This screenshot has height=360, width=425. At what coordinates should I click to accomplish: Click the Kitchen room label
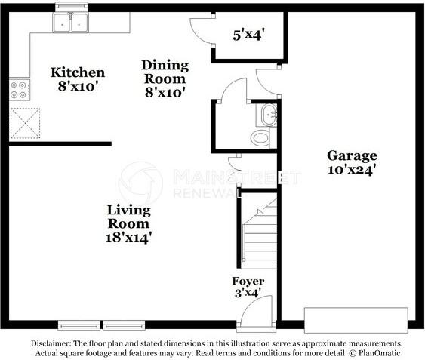pos(77,79)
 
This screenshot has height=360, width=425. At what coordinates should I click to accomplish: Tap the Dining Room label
pos(165,78)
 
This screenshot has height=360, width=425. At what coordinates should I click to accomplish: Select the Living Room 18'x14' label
pos(128,223)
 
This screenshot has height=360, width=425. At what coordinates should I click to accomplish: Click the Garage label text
pos(351,162)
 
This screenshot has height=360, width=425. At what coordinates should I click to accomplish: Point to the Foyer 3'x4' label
pos(248,288)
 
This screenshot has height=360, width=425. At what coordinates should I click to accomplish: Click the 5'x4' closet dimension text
pos(248,34)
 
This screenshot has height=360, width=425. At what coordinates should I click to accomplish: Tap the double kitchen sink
pos(72,23)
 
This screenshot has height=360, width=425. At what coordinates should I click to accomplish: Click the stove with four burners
pos(19,91)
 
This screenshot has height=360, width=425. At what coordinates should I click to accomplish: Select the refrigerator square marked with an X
pos(25,122)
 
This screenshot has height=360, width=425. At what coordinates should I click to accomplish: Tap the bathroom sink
pos(269,115)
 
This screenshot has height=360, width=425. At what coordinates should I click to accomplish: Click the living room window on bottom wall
pos(102,325)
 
